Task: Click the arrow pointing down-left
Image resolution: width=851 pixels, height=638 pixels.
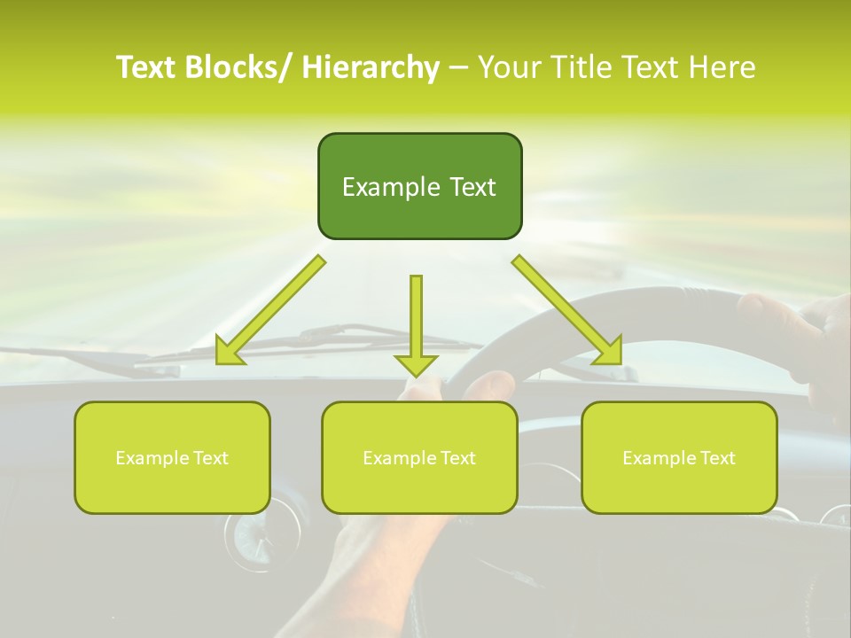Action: click(x=271, y=310)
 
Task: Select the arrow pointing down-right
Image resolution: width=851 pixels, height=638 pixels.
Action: click(x=567, y=310)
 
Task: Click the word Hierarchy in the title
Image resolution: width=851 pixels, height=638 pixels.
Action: click(x=370, y=67)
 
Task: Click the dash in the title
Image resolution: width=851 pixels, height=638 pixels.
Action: click(x=457, y=67)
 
